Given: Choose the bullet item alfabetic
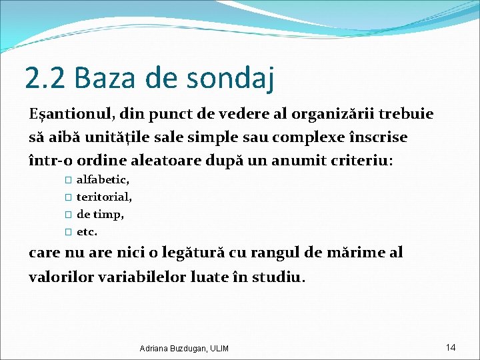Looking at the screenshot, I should click(103, 179).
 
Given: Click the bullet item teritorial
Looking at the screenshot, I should click(105, 197).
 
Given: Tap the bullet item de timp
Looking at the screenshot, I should click(101, 215).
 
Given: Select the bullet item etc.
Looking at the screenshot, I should click(87, 232).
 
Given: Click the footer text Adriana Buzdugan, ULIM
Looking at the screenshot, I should click(184, 349).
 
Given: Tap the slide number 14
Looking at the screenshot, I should click(451, 347).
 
